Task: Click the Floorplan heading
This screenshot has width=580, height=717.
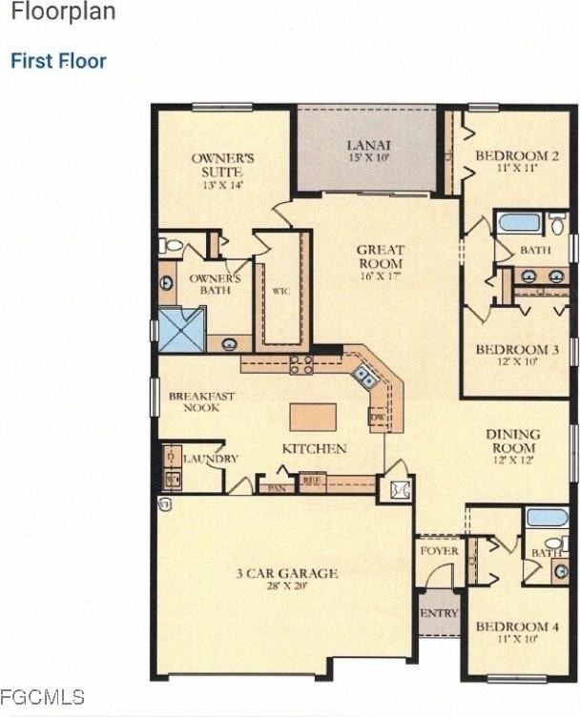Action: click(62, 13)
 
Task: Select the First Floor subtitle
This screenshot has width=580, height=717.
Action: click(58, 61)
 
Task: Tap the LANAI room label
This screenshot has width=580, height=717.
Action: click(367, 151)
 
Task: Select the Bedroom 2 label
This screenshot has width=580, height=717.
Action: click(517, 160)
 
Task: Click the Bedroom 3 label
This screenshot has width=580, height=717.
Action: click(516, 355)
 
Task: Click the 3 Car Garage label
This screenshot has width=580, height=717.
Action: click(287, 578)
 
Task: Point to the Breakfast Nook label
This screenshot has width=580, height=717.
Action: click(201, 401)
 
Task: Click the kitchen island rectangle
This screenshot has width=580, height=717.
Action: click(313, 417)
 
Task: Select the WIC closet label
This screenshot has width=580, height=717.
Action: click(280, 291)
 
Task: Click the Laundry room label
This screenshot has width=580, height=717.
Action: click(210, 459)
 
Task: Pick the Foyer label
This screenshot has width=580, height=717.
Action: click(439, 551)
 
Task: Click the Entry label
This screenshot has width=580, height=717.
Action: click(439, 613)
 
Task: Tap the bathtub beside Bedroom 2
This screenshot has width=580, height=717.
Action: click(519, 222)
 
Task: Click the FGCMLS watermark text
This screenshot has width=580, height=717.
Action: click(42, 697)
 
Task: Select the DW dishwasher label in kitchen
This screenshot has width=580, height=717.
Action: click(377, 417)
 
